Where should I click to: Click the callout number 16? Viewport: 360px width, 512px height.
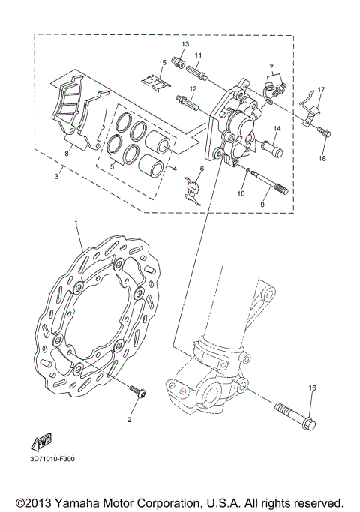[x=313, y=388]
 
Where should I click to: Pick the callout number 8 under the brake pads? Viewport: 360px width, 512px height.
[x=67, y=153]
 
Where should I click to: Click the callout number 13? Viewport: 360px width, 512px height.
[x=185, y=45]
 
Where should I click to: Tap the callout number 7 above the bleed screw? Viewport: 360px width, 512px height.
[x=271, y=67]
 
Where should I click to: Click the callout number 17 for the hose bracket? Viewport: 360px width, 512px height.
[x=320, y=91]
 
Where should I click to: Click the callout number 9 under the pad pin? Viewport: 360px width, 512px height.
[x=262, y=202]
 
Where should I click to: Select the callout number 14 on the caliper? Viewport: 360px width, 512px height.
[x=275, y=129]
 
